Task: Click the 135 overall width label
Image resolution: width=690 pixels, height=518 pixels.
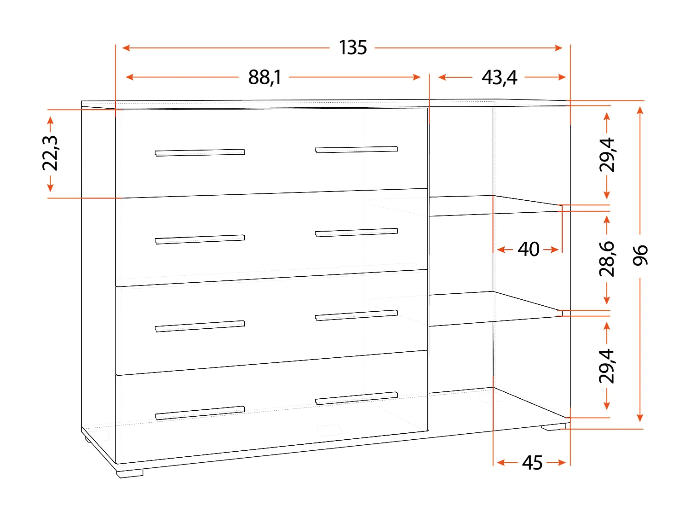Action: pos(353,47)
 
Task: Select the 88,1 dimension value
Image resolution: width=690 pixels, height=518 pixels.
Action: pos(264,77)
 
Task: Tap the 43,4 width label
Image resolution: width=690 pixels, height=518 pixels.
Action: pos(499,77)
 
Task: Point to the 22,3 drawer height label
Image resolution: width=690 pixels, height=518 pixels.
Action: pos(50,153)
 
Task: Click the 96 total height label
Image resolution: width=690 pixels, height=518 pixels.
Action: pos(640,255)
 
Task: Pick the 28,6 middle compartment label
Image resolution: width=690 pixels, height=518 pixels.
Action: pos(607,258)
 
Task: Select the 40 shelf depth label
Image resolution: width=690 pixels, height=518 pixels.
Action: pos(529,249)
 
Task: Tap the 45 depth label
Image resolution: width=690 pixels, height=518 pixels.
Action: pos(532,462)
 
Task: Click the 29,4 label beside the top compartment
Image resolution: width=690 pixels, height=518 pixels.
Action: pos(607,155)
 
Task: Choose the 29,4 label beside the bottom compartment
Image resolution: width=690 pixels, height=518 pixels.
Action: pos(607,366)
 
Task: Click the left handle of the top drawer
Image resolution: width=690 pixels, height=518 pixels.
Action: pos(200,152)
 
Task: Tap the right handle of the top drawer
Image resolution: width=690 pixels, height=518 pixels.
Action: pos(356,149)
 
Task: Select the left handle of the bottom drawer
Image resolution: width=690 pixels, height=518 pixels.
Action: pos(200,413)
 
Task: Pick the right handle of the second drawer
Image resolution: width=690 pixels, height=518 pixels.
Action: pos(356,232)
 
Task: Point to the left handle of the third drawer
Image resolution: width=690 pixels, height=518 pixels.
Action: pos(200,326)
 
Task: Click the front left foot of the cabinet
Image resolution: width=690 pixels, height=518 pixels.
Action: pos(130,473)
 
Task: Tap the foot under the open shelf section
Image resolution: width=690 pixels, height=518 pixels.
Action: pos(553,427)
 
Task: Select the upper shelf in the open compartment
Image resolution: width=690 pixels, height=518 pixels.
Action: pos(494,205)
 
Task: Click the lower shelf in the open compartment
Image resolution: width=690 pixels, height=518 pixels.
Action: pos(494,308)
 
